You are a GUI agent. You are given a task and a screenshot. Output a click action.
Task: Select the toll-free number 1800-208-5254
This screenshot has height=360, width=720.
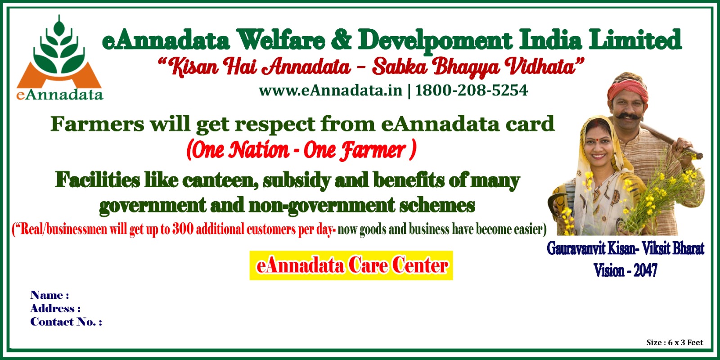pos(472,90)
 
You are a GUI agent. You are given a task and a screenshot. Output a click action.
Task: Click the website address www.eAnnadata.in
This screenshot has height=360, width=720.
pos(330,90)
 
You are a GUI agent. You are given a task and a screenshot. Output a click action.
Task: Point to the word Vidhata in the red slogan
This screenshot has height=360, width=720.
pos(544,67)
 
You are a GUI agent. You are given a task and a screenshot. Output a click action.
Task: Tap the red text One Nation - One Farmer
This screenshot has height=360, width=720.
pos(301,150)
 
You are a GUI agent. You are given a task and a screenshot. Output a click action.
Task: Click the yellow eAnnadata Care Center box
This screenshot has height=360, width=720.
pos(351,265)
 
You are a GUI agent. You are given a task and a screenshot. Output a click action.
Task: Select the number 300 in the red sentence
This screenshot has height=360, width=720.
pos(183,229)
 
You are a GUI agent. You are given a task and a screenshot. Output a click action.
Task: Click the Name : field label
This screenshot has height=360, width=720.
pos(49,295)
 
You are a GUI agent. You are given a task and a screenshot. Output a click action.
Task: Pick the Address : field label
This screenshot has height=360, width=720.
pos(55,309)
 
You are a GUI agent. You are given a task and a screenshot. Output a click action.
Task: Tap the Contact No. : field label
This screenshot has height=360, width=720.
pos(66,322)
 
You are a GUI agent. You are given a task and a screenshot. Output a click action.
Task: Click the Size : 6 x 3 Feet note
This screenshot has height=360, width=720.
pos(675,342)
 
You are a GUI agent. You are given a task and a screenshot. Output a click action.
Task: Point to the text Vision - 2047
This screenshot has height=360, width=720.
pos(625,270)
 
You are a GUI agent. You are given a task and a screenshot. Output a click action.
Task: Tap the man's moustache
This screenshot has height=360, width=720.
pos(626,117)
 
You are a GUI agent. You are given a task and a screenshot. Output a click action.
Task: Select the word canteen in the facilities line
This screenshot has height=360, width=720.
pos(220,180)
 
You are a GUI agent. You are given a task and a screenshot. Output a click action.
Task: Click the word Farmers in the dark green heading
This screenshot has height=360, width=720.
pos(97,124)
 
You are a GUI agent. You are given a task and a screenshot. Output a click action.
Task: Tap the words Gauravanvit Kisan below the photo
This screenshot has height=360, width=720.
pos(590,248)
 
